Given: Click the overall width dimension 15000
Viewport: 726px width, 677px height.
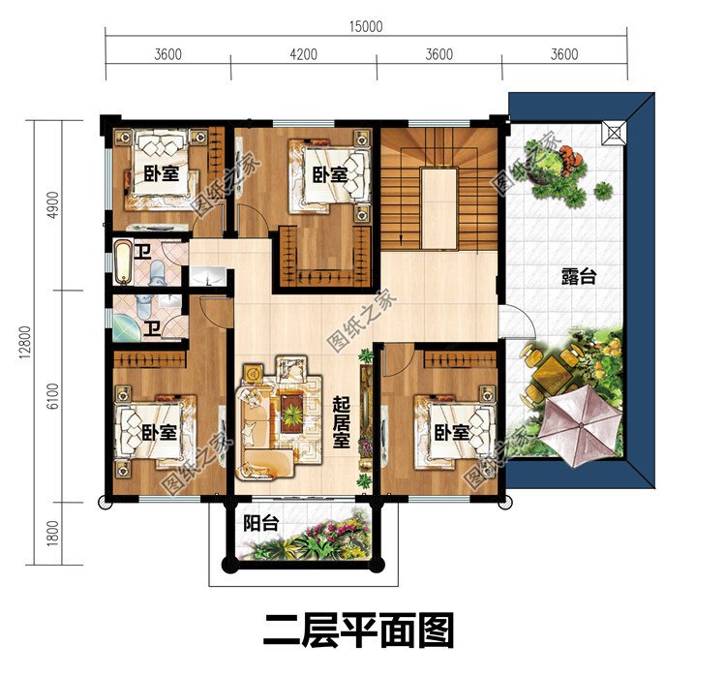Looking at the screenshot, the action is click(x=366, y=26).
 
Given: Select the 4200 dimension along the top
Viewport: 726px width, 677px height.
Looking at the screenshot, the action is click(x=303, y=54).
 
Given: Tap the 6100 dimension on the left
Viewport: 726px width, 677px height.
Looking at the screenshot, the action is click(x=53, y=396).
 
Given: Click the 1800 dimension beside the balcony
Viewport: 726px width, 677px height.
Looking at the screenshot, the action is click(x=53, y=533).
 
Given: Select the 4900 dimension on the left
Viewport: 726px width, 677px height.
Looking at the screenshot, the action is click(x=53, y=204).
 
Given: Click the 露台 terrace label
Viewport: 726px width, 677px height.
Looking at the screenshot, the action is click(x=579, y=277).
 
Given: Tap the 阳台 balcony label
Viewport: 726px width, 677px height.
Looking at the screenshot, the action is click(x=261, y=523).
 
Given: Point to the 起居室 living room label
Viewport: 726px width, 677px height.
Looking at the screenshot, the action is click(x=342, y=422).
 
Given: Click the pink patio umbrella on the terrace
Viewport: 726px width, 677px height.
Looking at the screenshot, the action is click(x=581, y=424).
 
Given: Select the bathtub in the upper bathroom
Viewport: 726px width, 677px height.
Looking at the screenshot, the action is click(x=123, y=262).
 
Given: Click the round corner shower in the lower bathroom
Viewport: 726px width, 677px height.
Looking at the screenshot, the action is click(x=124, y=327).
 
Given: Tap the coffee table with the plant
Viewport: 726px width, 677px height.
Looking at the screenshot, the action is click(x=292, y=412).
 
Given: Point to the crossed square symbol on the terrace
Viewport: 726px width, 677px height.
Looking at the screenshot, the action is click(x=614, y=133).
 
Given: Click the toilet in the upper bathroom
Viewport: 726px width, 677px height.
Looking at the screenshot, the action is click(x=157, y=272).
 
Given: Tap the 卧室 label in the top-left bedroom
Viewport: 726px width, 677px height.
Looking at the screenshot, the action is click(x=161, y=174).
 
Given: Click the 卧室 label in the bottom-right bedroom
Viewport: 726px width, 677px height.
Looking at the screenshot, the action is click(x=452, y=433).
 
